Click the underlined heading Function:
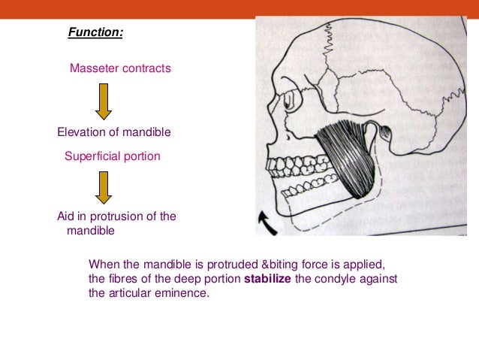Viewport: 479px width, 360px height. (95, 32)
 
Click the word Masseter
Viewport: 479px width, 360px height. (94, 68)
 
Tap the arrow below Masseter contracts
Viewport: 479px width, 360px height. (104, 101)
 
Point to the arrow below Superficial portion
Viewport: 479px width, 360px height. (104, 188)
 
